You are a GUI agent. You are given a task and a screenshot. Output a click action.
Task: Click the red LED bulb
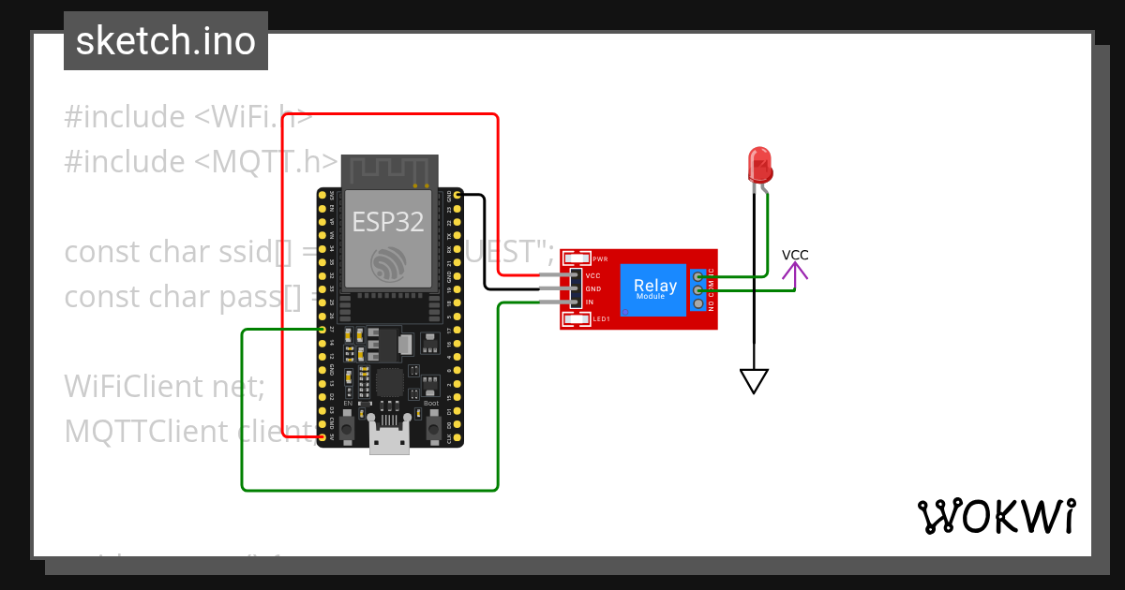pyautogui.click(x=758, y=164)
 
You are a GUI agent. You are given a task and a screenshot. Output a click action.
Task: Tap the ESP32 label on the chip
pyautogui.click(x=387, y=222)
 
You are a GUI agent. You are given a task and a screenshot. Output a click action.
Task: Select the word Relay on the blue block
pyautogui.click(x=654, y=286)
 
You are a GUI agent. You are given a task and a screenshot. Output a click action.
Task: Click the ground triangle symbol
pyautogui.click(x=754, y=380)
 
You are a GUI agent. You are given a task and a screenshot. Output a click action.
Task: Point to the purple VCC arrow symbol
pyautogui.click(x=795, y=273)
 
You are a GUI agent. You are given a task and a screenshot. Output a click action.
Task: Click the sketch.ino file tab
pyautogui.click(x=166, y=41)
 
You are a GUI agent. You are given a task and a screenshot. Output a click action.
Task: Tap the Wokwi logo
pyautogui.click(x=996, y=516)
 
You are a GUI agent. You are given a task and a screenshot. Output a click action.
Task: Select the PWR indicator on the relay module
pyautogui.click(x=577, y=258)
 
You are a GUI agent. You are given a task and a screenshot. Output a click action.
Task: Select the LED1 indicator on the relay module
pyautogui.click(x=577, y=319)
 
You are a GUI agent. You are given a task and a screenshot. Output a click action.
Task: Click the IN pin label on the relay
pyautogui.click(x=590, y=302)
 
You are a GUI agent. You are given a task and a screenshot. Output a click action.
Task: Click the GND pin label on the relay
pyautogui.click(x=592, y=289)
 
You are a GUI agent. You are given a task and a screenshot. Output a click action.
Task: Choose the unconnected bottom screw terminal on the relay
pyautogui.click(x=698, y=304)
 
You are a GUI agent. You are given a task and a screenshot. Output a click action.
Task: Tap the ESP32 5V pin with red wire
pyautogui.click(x=322, y=437)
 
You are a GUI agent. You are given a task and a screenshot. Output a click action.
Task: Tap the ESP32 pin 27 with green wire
pyautogui.click(x=322, y=330)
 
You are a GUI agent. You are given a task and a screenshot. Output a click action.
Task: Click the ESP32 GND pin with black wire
pyautogui.click(x=457, y=195)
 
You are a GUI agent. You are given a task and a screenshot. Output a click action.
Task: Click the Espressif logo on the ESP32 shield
pyautogui.click(x=388, y=264)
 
